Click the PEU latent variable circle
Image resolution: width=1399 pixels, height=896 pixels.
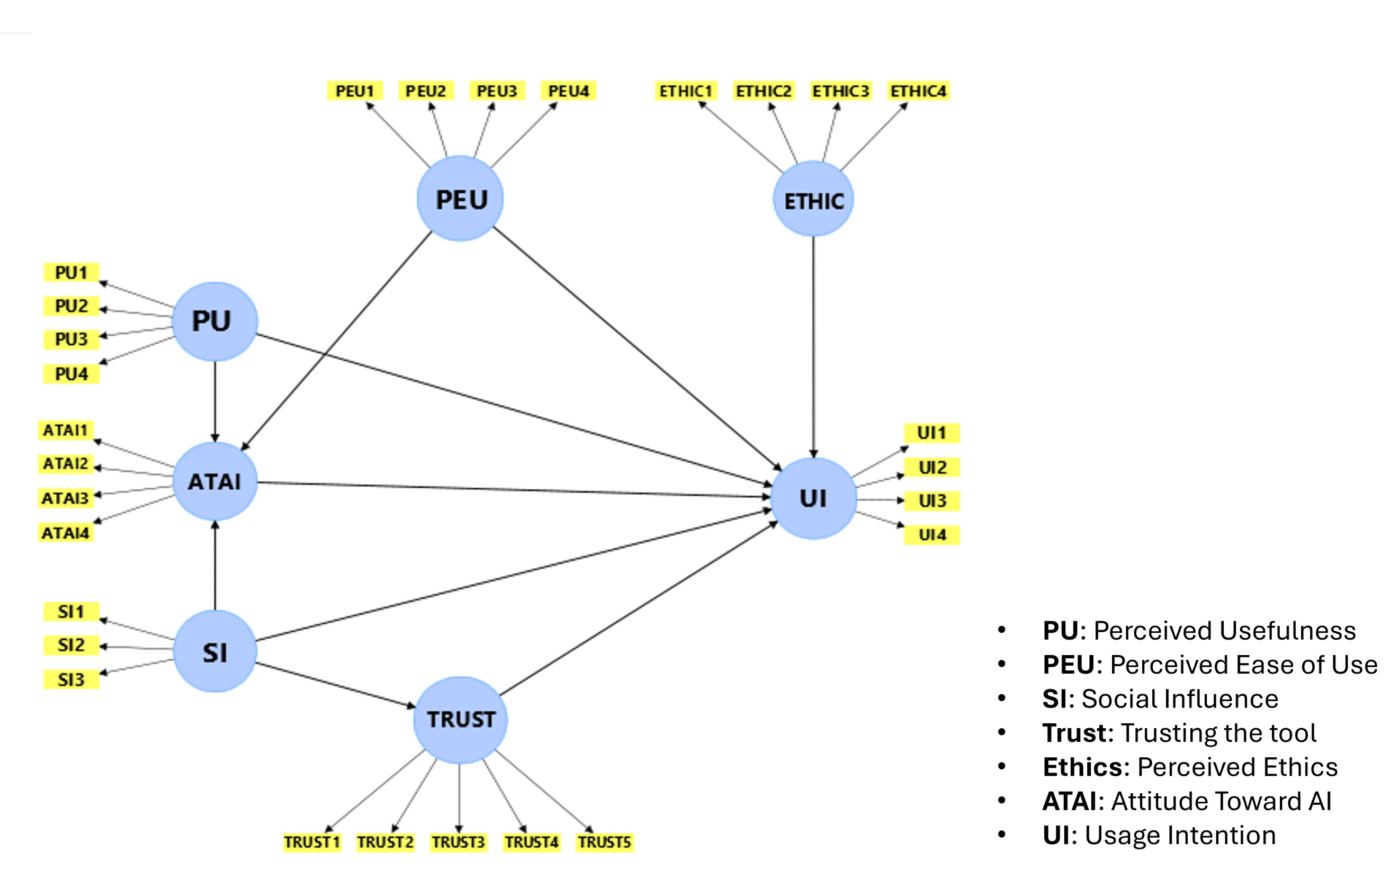460,199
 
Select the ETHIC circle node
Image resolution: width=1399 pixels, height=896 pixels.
813,200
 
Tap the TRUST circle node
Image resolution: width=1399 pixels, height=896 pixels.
460,720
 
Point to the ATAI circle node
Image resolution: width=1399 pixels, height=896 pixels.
214,481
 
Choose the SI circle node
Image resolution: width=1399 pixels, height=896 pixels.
214,652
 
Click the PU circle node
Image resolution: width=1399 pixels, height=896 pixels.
214,321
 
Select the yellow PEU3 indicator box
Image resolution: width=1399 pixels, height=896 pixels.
497,91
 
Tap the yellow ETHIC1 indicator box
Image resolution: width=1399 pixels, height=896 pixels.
685,91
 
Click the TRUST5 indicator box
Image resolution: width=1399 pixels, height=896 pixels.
604,842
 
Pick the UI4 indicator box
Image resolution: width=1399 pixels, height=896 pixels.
932,535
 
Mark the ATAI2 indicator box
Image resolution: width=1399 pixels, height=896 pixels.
65,464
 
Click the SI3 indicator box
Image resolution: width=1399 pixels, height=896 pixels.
71,679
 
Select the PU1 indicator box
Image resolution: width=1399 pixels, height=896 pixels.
71,272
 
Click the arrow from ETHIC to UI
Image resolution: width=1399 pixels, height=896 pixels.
813,349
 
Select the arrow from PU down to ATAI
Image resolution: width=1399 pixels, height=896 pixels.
214,401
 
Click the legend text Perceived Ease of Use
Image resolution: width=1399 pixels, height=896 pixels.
1243,665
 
